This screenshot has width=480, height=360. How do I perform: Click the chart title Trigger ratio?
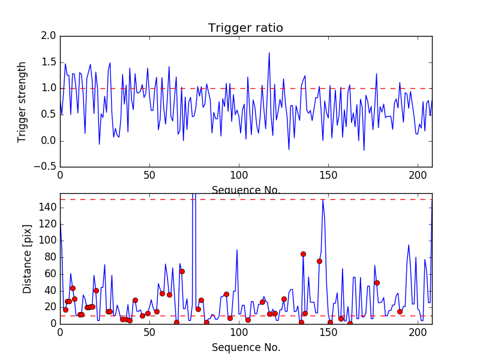point(245,28)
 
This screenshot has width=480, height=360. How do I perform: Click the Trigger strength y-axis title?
point(22,102)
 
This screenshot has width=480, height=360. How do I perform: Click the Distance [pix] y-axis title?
point(27,260)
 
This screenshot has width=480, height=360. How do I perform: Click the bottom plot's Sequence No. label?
point(245,348)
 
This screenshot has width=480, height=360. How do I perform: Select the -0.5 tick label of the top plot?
point(47,167)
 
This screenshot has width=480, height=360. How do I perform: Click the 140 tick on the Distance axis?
point(47,208)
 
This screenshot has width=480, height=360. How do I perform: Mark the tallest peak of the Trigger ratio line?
point(269,53)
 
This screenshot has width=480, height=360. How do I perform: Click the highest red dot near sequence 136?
point(303,254)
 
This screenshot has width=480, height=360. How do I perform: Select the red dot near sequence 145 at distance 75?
point(319,261)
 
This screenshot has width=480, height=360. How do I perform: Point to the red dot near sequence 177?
point(377,283)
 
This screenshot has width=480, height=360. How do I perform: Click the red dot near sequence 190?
point(400,311)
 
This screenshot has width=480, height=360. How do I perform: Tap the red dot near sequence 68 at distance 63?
point(182,271)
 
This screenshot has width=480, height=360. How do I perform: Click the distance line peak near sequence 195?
point(409,245)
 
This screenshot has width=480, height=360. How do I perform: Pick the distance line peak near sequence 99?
point(237,250)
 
